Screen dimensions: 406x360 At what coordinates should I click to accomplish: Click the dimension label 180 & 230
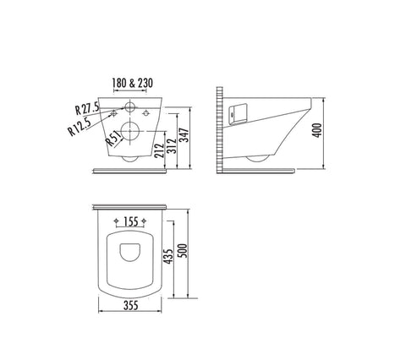(x=133, y=83)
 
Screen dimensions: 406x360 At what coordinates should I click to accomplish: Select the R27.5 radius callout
(x=87, y=108)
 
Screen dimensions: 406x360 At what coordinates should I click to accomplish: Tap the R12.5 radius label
(x=80, y=126)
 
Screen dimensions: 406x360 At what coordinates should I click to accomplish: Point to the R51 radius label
(x=114, y=139)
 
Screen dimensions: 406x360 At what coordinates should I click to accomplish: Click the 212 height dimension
(x=160, y=150)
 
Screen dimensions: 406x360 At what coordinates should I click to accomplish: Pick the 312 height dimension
(x=172, y=146)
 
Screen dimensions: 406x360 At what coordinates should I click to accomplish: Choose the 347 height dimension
(x=184, y=135)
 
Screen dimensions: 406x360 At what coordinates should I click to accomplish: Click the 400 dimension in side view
(x=317, y=130)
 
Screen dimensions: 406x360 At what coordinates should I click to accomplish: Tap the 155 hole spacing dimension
(x=131, y=221)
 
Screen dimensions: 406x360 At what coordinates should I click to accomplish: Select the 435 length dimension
(x=168, y=256)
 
